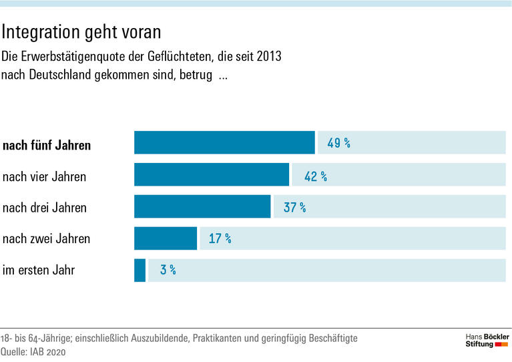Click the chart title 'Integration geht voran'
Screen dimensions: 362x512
coord(81,31)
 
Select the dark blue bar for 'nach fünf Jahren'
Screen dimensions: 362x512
coord(224,143)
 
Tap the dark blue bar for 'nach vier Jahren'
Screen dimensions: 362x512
coord(212,175)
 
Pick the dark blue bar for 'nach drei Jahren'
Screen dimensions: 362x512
coord(202,207)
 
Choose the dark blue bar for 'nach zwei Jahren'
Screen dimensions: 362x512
coord(166,238)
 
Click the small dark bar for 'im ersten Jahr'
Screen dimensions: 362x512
coord(140,270)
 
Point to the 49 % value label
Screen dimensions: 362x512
coord(338,143)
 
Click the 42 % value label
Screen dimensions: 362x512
coord(315,176)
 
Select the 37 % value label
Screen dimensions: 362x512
coord(294,208)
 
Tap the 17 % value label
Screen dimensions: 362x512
coord(220,238)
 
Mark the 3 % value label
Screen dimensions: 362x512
coord(168,270)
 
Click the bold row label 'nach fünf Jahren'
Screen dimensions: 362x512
coord(47,146)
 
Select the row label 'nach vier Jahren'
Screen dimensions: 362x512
coord(45,177)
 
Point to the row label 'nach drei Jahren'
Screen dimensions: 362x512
coord(45,208)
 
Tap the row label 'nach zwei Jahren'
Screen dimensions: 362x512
coord(46,238)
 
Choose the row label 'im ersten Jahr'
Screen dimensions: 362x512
coord(39,270)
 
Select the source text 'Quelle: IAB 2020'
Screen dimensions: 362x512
coord(34,352)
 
